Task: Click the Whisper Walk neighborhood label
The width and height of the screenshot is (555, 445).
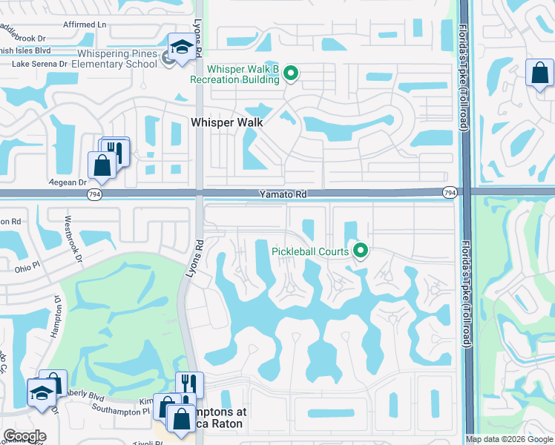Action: (227, 122)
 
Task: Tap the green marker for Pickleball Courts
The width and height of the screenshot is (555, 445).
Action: (361, 251)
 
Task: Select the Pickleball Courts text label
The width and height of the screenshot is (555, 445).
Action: (310, 251)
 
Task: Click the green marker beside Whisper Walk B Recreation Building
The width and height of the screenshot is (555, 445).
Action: (292, 73)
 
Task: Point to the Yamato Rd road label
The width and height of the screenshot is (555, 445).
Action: (283, 194)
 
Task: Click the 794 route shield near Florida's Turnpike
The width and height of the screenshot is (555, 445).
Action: (449, 193)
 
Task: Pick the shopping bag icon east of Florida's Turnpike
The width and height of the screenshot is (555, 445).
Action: (539, 73)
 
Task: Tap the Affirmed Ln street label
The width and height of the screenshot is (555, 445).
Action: (85, 24)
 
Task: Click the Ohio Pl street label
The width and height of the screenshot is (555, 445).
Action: (27, 268)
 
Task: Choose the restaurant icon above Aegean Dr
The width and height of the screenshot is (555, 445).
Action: (114, 151)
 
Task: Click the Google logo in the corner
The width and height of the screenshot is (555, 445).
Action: (24, 436)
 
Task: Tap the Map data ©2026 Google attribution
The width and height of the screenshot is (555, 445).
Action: (509, 439)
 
